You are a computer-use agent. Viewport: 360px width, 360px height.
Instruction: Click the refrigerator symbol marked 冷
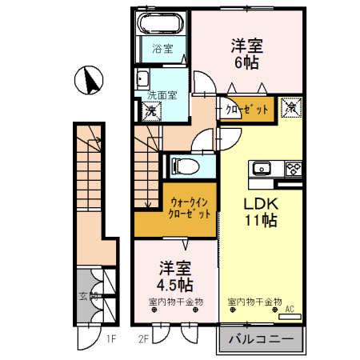pos(291,106)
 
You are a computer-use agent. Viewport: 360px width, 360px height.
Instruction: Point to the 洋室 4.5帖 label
pos(174,276)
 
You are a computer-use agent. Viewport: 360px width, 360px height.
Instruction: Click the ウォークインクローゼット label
pos(190,209)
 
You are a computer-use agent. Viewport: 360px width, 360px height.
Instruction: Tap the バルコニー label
pos(262,338)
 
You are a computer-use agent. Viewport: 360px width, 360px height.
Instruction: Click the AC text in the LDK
pos(290,308)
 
